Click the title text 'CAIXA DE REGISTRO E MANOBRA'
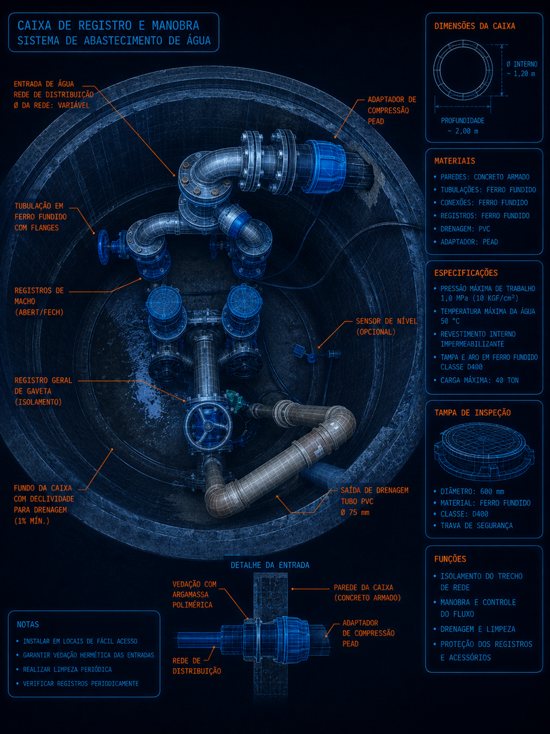click(109, 25)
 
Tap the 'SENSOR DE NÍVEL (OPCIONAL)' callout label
click(386, 326)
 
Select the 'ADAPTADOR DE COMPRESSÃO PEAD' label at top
click(392, 111)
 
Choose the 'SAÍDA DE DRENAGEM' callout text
click(374, 490)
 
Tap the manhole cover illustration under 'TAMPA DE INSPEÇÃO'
click(483, 452)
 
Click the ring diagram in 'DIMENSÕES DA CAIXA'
click(463, 71)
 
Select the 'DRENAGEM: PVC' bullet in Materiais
click(465, 229)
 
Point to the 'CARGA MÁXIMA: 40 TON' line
click(479, 380)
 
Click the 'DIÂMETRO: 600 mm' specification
click(471, 491)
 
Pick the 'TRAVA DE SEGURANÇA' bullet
click(476, 525)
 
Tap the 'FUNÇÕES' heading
click(450, 559)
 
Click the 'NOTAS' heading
click(28, 625)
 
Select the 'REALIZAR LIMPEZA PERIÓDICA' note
click(67, 669)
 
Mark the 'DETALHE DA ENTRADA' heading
click(270, 565)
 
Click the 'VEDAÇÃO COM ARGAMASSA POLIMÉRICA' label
click(194, 595)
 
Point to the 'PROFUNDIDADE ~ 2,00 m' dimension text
click(462, 126)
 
